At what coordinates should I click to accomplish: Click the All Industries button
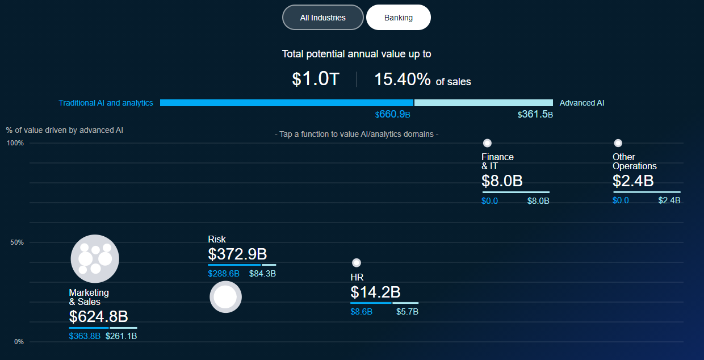click(x=323, y=18)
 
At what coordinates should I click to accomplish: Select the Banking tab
click(x=399, y=18)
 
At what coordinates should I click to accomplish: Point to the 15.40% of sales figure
click(x=422, y=79)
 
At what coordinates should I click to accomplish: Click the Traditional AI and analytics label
click(x=106, y=103)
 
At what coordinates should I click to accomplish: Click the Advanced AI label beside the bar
click(x=582, y=103)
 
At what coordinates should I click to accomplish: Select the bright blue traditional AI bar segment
click(x=287, y=103)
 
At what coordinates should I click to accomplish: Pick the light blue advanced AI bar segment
click(x=484, y=103)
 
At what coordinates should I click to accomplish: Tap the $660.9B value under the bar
click(x=392, y=114)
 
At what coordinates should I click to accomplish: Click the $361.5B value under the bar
click(x=535, y=114)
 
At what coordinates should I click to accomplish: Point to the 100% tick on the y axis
click(x=15, y=143)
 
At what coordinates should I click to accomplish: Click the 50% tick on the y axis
click(x=17, y=242)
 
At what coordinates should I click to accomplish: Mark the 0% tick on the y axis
click(x=19, y=342)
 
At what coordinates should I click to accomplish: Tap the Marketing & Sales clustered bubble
click(x=95, y=258)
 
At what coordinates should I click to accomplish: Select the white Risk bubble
click(x=225, y=297)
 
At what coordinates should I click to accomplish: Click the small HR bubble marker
click(x=357, y=262)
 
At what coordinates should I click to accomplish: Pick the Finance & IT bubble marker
click(x=487, y=143)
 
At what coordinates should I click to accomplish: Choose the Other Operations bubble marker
click(x=618, y=143)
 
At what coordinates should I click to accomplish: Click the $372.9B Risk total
click(x=237, y=254)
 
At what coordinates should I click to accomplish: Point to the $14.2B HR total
click(x=376, y=292)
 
